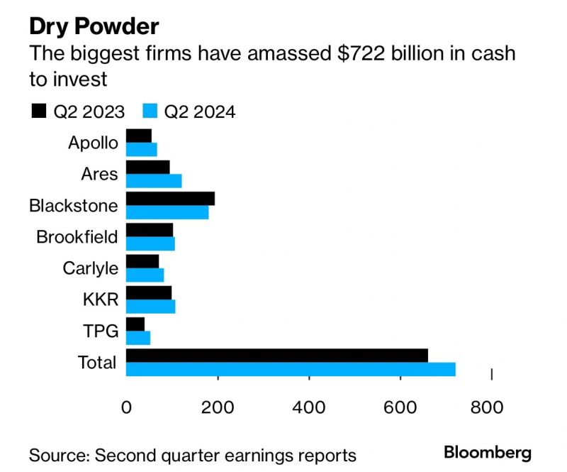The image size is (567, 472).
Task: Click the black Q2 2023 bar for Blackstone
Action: coord(170,199)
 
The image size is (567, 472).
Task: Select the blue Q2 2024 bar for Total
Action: coord(291,369)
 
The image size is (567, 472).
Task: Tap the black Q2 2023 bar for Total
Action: coord(277,356)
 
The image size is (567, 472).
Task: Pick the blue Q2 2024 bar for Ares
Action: coord(154,180)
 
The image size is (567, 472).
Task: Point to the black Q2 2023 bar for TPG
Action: coord(135,324)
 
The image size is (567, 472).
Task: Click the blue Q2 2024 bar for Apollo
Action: coord(142,149)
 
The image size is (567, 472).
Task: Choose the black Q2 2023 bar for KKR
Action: coord(149,293)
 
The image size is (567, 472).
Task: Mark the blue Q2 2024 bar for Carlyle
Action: coord(145,275)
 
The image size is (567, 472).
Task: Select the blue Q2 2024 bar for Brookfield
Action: coord(150,243)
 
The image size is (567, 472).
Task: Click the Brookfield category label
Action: coord(77,237)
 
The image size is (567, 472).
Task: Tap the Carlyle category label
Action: coord(89,268)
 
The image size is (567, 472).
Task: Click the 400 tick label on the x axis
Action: coord(309,407)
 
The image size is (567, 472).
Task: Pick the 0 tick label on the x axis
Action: coord(127,407)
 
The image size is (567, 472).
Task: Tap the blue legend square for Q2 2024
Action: coord(150,111)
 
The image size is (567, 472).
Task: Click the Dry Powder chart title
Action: coord(94,26)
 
